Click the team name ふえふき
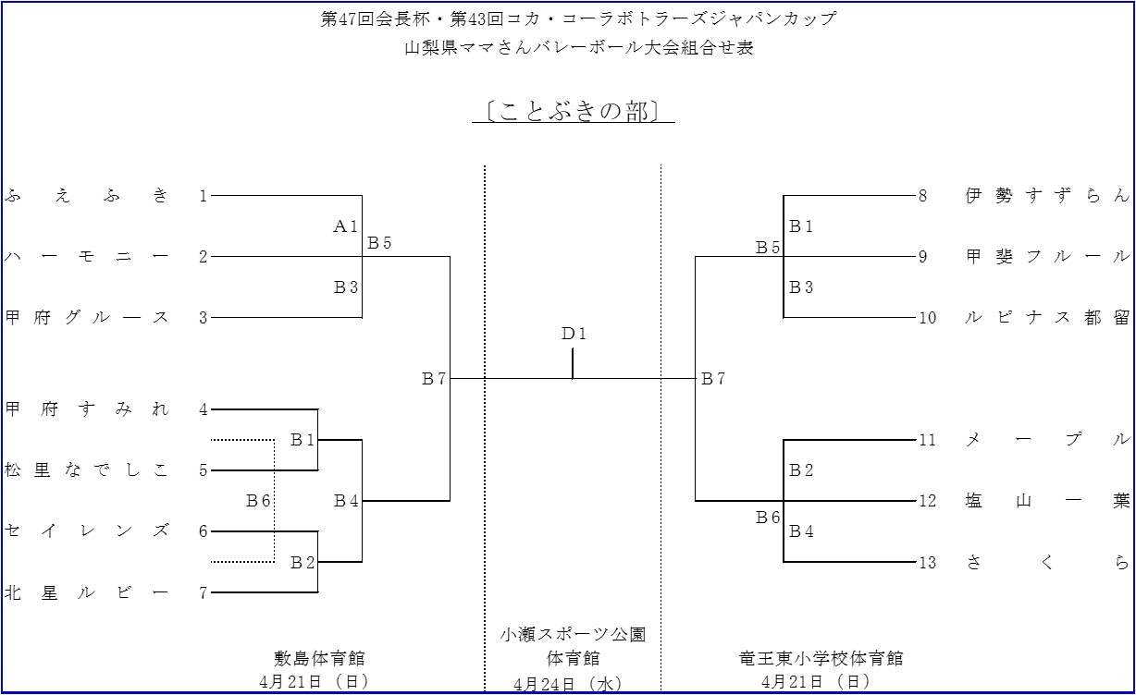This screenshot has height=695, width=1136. [x=88, y=195]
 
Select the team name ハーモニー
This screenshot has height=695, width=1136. [x=88, y=256]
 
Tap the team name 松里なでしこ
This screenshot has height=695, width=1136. [x=88, y=470]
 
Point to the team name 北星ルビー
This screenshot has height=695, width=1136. [x=88, y=592]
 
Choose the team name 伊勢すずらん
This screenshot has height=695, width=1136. [x=1047, y=195]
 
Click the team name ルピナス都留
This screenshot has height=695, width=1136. [x=1047, y=317]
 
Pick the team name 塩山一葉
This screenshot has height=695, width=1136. [x=1047, y=501]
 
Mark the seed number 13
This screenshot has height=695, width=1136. [x=927, y=563]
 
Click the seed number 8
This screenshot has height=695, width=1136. [x=922, y=196]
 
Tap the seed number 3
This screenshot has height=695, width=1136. [x=204, y=318]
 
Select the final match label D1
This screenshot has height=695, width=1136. [x=574, y=334]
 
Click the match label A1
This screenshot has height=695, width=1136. [x=345, y=226]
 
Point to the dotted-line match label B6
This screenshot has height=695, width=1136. [x=258, y=501]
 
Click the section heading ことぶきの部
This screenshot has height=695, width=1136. [x=573, y=111]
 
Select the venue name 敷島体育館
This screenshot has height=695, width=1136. [x=319, y=658]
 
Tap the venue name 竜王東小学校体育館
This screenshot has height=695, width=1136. [x=821, y=658]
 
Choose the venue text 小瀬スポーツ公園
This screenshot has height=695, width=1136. [x=573, y=634]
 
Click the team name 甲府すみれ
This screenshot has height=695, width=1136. [x=88, y=409]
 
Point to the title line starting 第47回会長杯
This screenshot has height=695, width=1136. [x=578, y=19]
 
